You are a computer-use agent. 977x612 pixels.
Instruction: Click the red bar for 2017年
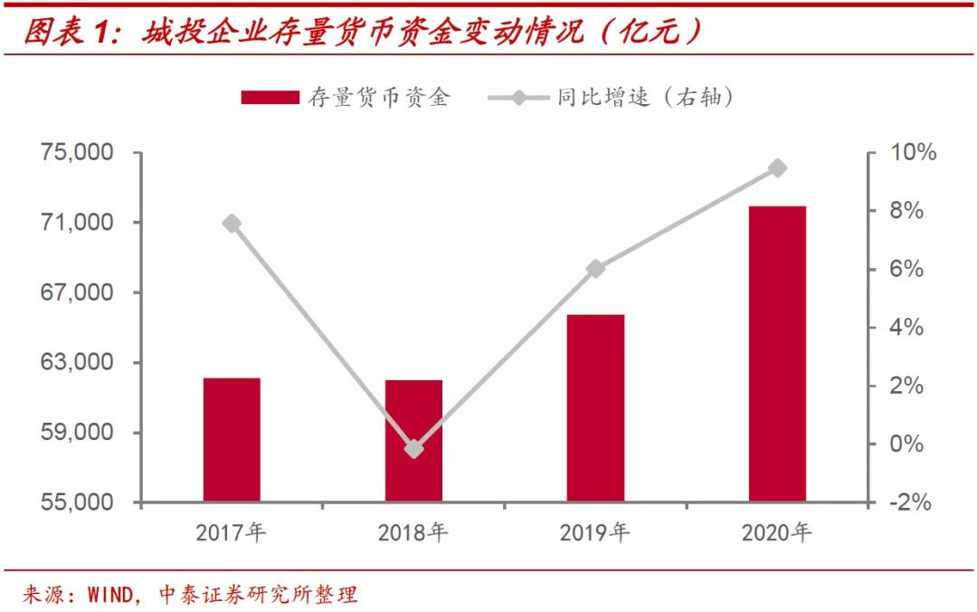(x=232, y=440)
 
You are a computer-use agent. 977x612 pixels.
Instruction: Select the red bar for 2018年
(x=413, y=441)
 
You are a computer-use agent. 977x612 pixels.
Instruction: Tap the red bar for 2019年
(x=595, y=408)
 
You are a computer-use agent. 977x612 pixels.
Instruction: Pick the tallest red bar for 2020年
(x=777, y=354)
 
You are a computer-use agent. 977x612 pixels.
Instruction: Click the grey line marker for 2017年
(x=232, y=224)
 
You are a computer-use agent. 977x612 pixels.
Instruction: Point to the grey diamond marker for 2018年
(x=413, y=448)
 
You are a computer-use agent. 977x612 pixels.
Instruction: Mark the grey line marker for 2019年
(x=595, y=269)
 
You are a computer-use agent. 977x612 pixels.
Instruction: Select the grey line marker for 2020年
(x=777, y=168)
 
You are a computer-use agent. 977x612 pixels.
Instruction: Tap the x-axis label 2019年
(x=594, y=533)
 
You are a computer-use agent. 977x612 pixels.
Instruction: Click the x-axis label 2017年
(x=232, y=533)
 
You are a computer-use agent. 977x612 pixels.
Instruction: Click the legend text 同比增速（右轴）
(x=645, y=97)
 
